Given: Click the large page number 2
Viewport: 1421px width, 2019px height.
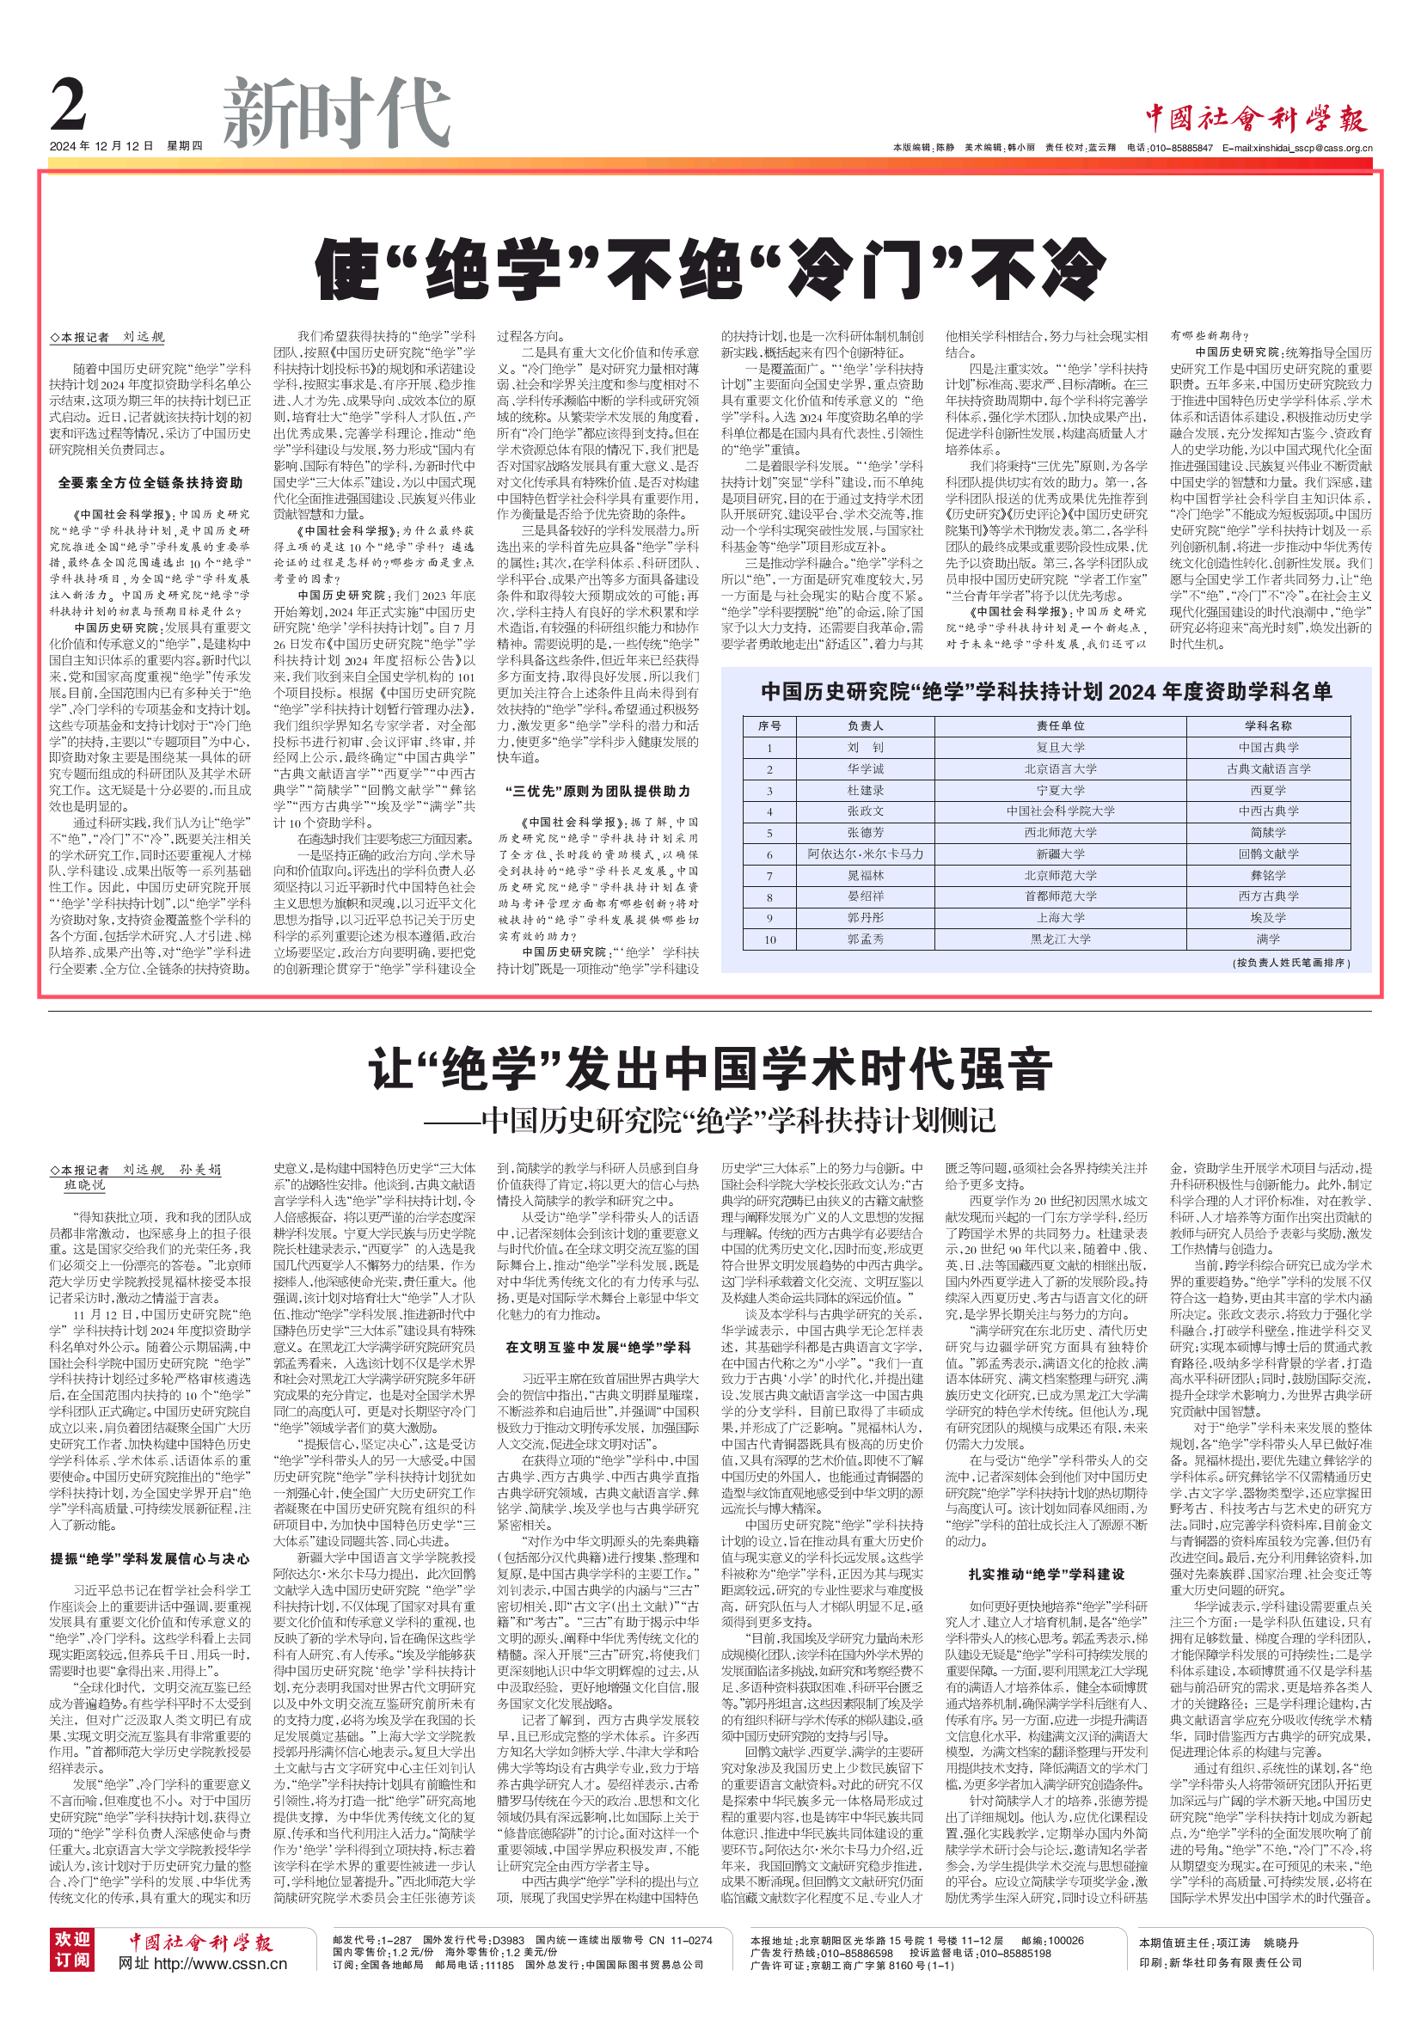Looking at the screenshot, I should tap(70, 107).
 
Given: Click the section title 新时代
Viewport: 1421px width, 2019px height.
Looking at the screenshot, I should tap(336, 113).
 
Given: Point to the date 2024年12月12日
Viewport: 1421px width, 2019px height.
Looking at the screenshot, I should tap(101, 146).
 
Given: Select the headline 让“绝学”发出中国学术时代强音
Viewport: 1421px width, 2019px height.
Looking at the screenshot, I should tap(709, 1069).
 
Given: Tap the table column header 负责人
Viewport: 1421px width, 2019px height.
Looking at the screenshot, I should tap(866, 726).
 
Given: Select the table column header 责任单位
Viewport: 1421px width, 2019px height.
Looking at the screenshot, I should tap(1060, 726).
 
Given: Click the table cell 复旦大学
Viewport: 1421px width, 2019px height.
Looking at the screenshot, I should tap(1060, 748).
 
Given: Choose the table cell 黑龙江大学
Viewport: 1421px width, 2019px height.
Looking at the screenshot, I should tap(1060, 939).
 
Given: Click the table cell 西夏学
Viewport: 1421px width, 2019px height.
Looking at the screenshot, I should tap(1267, 791).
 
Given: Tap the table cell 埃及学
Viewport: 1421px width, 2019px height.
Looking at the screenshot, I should tap(1267, 917).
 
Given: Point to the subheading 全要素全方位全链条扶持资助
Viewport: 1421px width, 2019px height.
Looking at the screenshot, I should tap(150, 483).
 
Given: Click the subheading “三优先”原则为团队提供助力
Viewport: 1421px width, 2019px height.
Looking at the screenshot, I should tap(598, 792).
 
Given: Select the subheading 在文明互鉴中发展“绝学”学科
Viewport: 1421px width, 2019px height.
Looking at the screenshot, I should tap(598, 1347).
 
